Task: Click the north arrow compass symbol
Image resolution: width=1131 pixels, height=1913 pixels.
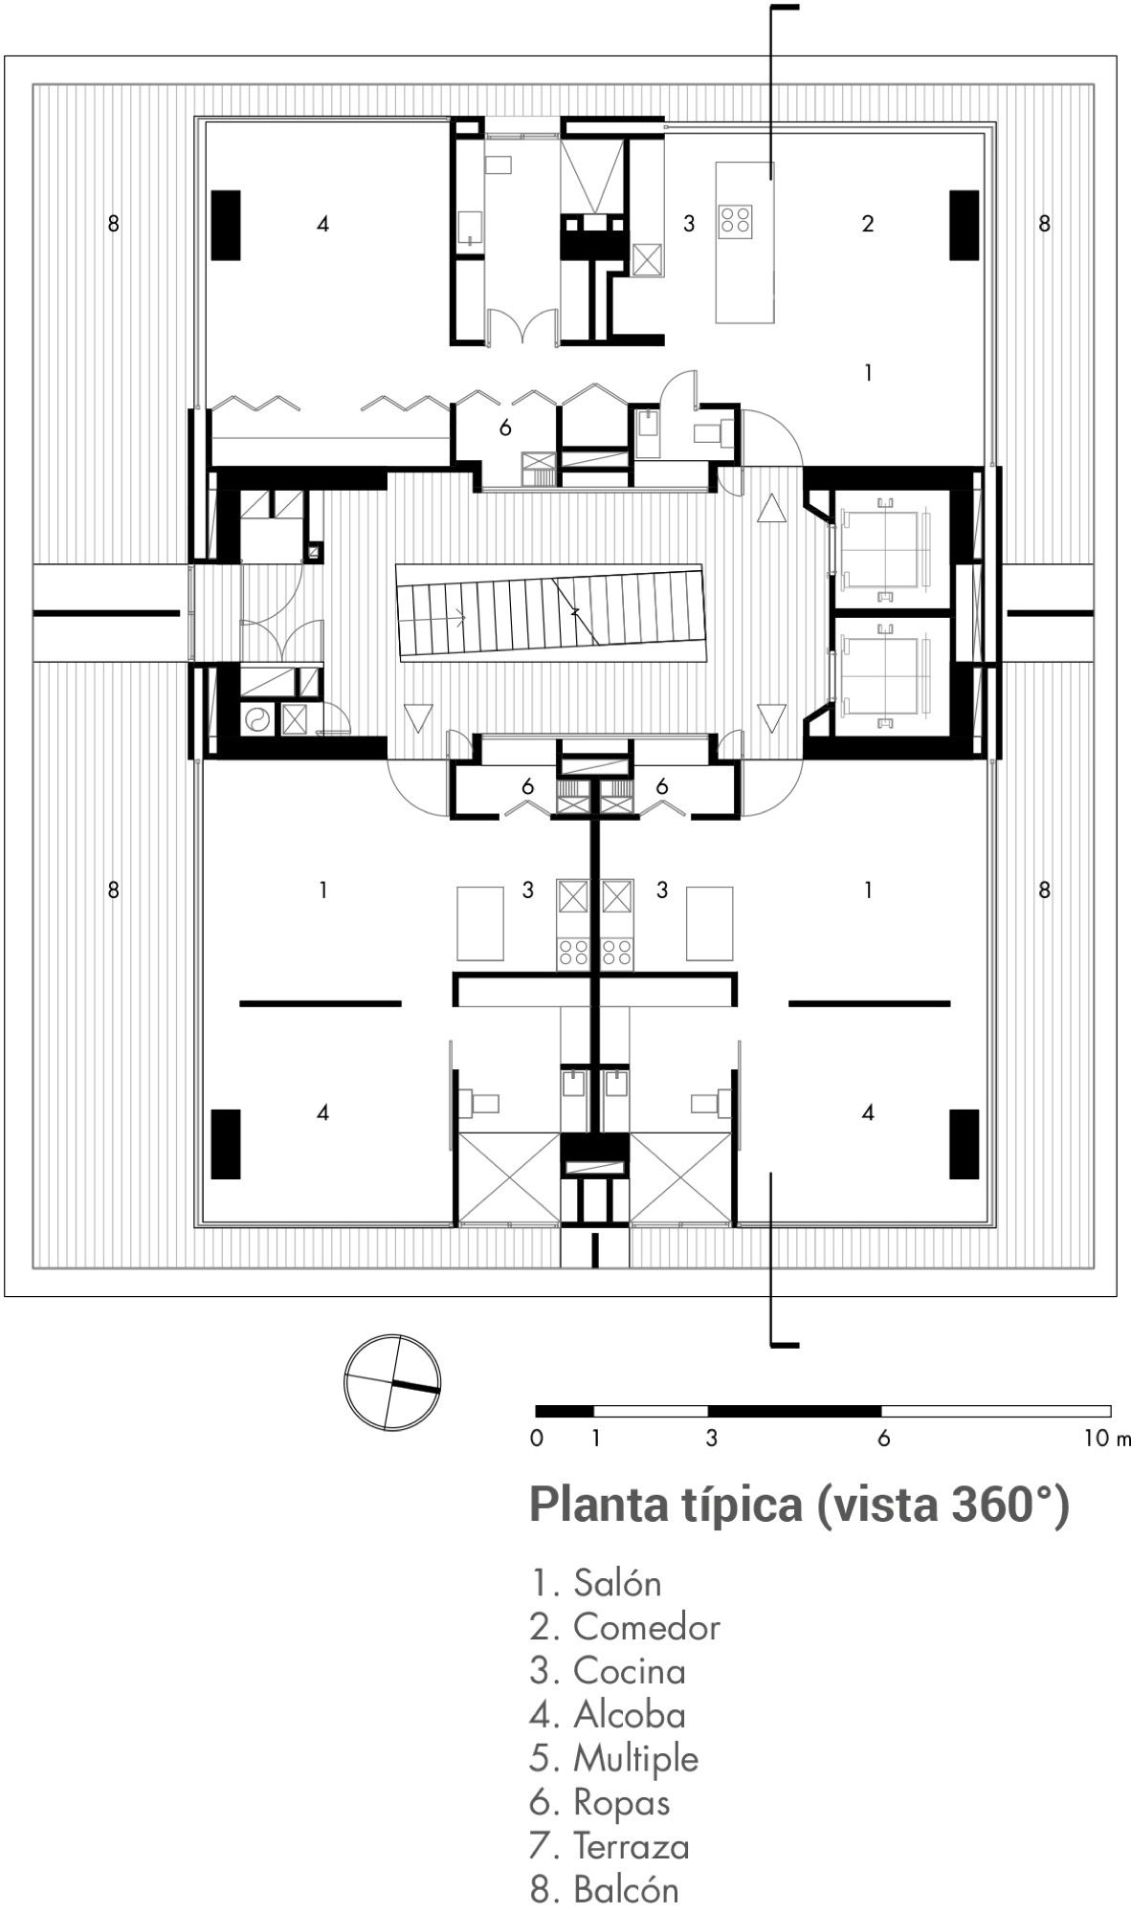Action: pos(391,1382)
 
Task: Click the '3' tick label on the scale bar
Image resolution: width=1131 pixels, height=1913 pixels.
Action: pos(711,1439)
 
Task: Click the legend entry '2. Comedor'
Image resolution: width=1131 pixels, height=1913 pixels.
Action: pos(625,1627)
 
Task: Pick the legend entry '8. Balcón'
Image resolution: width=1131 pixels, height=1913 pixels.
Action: pos(605,1889)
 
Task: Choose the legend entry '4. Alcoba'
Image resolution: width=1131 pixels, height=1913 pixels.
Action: pos(608,1715)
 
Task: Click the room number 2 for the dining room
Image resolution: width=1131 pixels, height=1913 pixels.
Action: pos(868,224)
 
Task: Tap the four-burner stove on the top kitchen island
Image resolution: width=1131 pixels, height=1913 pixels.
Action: pos(736,220)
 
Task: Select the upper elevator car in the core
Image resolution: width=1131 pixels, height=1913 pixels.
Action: pos(885,549)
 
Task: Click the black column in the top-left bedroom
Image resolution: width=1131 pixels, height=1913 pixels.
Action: pos(226,225)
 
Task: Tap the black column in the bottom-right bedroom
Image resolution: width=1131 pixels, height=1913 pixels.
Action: pos(965,1144)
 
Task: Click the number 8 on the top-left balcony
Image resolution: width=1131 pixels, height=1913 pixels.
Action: pos(114,224)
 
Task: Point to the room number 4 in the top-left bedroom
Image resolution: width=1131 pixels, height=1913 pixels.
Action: pos(323,224)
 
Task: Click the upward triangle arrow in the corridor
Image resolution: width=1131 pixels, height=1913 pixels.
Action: pos(771,508)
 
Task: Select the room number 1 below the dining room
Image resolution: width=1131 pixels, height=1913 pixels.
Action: pos(868,373)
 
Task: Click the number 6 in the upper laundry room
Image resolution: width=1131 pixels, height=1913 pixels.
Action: pos(505,429)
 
